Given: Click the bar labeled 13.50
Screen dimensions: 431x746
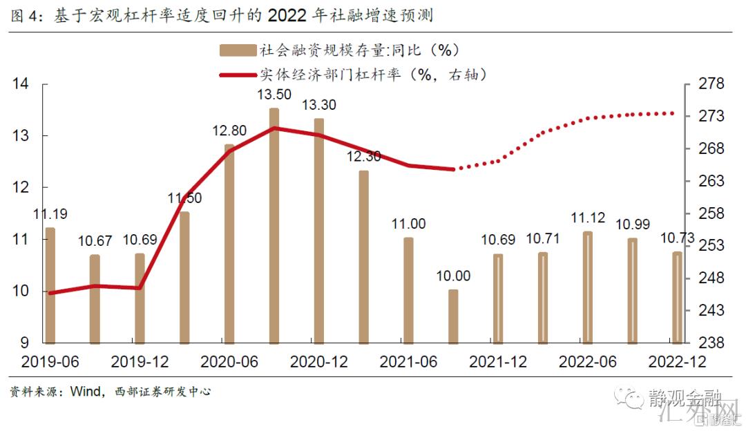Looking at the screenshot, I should coord(274,225).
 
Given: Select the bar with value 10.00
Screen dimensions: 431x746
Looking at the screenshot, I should coord(453,316).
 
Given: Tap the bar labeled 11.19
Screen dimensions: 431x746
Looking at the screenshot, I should coord(50,285).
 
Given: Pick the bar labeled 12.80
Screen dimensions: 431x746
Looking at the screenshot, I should coord(229,243).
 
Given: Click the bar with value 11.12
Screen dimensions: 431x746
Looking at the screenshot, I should coord(587,287).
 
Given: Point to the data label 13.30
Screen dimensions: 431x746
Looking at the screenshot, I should coord(319,105).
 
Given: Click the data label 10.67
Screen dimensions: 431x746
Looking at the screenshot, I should coord(95,241).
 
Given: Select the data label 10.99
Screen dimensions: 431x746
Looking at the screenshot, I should coord(633,224).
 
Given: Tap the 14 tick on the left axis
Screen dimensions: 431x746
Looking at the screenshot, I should coord(21,84).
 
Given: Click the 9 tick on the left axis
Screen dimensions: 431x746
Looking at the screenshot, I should coord(25,343).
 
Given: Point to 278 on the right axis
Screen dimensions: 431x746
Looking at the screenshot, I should coord(711,84).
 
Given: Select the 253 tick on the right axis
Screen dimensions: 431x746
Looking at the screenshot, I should coord(711,246).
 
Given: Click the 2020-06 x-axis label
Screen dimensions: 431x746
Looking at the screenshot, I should coord(229,362).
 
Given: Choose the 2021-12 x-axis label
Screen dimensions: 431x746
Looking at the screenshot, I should coord(498,362).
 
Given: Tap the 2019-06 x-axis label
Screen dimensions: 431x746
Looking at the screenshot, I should coord(50,362).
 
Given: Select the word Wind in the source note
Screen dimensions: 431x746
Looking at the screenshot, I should coord(86,392).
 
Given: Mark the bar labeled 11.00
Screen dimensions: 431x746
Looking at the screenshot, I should coord(408,290).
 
